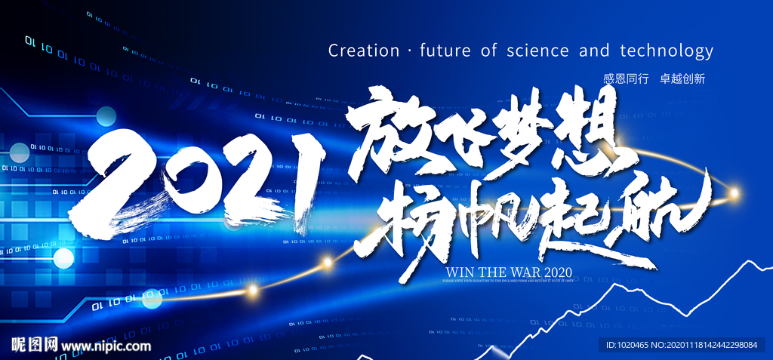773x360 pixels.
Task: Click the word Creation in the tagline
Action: pos(364,51)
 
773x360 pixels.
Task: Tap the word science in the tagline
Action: pos(537,51)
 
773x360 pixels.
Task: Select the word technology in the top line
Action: pos(666,51)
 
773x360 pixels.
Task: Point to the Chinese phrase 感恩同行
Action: pos(626,78)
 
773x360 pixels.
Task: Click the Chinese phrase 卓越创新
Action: pos(682,78)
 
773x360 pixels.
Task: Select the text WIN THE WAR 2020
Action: pos(510,272)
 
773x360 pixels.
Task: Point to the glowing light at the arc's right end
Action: pos(733,193)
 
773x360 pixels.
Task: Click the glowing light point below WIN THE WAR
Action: pos(327,262)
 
